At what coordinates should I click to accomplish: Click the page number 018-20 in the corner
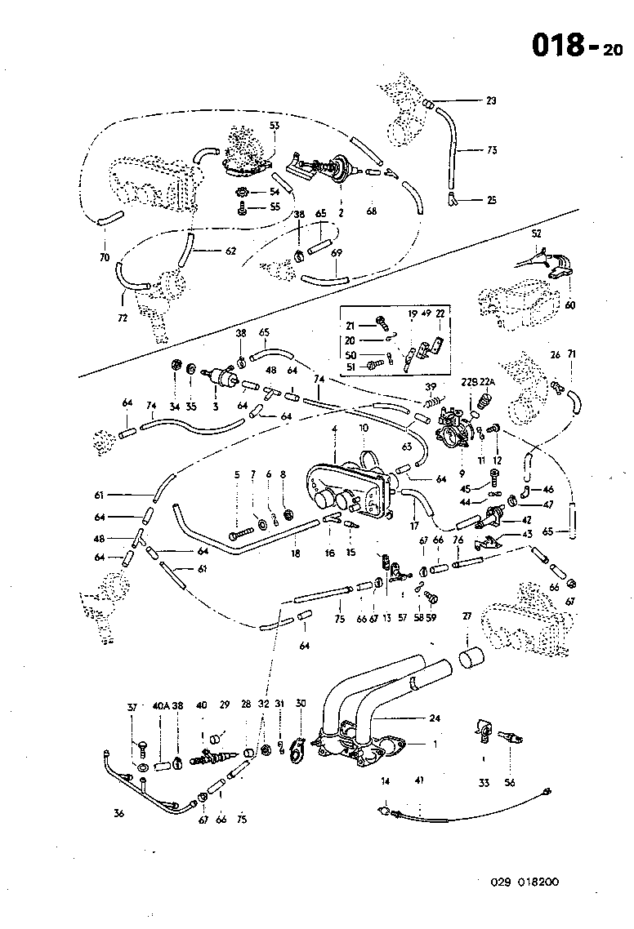[577, 46]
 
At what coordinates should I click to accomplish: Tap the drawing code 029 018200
[525, 882]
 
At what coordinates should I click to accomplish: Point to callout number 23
[491, 101]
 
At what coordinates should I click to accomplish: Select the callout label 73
[492, 150]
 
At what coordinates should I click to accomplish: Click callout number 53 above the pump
[275, 125]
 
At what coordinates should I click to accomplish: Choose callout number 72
[123, 318]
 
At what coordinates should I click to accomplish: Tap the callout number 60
[569, 304]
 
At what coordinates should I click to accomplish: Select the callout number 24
[434, 718]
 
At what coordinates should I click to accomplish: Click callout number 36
[119, 812]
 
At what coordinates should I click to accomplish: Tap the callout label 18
[296, 553]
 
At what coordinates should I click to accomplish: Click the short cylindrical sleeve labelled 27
[472, 658]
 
